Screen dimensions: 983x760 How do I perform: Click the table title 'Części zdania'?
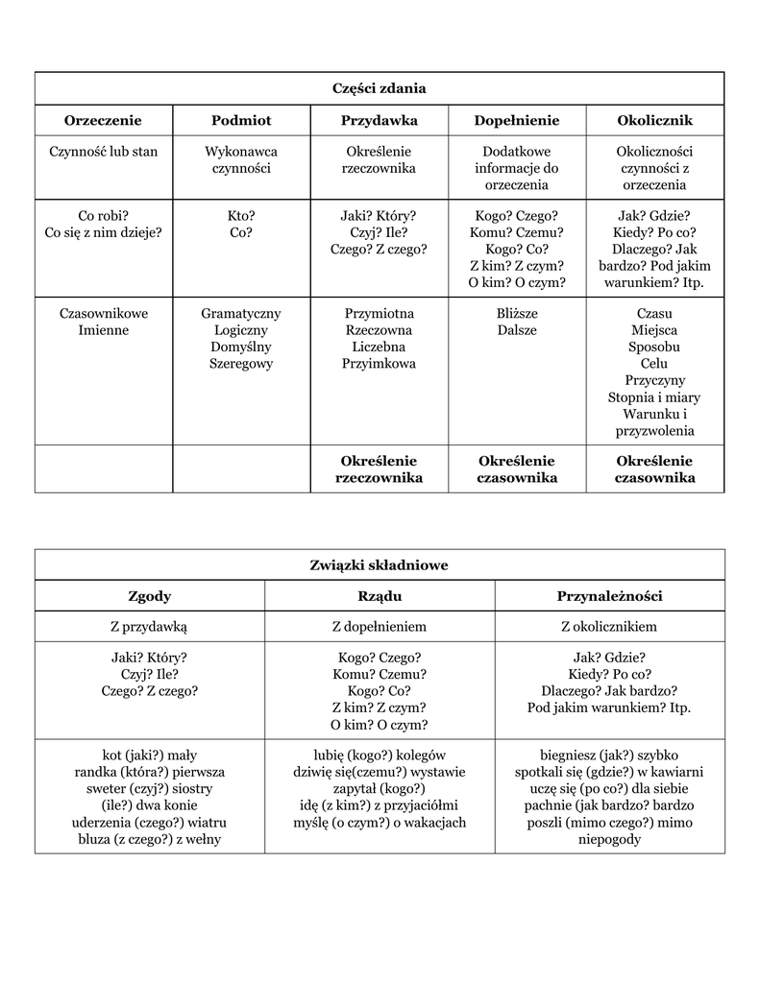point(379,88)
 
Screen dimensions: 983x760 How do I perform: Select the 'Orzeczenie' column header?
point(103,120)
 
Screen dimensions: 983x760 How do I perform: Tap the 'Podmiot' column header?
point(241,120)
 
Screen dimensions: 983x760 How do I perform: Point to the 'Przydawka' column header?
point(379,120)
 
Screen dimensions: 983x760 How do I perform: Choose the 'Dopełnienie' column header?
point(517,120)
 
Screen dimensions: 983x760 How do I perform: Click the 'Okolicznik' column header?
point(654,120)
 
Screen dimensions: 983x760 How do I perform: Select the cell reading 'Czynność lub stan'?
point(103,152)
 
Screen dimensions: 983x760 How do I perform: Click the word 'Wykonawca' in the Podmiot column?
point(241,152)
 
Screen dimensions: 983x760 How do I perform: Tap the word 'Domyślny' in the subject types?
point(241,347)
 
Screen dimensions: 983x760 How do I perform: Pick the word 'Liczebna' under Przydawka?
point(379,347)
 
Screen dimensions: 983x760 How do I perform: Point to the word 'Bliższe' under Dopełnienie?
point(517,313)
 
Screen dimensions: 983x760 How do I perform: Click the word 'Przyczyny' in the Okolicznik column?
point(654,380)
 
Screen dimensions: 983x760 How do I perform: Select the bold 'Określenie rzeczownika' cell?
point(379,469)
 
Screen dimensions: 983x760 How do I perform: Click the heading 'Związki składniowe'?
point(379,565)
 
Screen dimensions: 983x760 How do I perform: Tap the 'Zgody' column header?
point(150,596)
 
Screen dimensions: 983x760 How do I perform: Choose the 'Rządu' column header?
point(380,596)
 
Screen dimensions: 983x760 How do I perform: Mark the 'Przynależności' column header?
point(609,596)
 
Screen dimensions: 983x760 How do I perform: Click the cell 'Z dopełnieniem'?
point(380,627)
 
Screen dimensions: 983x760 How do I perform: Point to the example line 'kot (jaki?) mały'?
point(150,755)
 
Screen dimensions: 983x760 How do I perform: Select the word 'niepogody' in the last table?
point(609,840)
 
